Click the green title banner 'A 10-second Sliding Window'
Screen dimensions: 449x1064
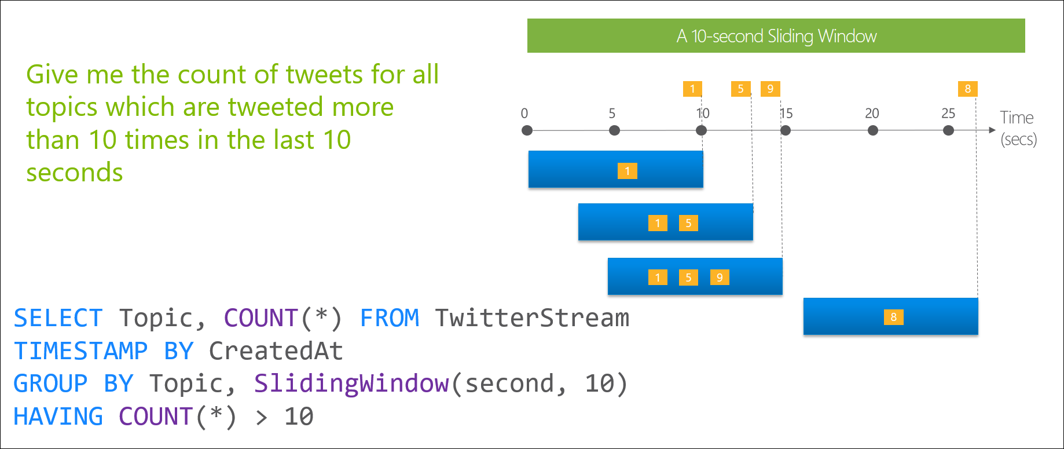click(x=776, y=36)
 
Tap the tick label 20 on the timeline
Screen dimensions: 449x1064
click(x=872, y=114)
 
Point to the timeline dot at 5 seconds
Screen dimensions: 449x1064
click(x=615, y=130)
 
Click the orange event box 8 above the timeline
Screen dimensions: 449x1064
click(x=967, y=89)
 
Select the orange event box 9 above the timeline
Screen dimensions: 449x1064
click(x=770, y=89)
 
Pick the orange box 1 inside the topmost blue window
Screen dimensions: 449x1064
click(x=627, y=171)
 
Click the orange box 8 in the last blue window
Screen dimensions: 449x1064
click(x=893, y=317)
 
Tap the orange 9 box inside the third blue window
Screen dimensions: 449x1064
click(x=720, y=278)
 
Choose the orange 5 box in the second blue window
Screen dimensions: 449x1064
click(x=688, y=223)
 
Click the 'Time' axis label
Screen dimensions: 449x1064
click(x=1017, y=118)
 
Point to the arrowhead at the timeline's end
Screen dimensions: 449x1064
click(x=992, y=130)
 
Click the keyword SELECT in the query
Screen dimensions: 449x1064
click(x=58, y=318)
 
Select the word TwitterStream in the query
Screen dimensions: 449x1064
click(x=532, y=318)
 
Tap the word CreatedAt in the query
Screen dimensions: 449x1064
click(x=276, y=351)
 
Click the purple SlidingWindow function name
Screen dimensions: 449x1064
click(x=351, y=384)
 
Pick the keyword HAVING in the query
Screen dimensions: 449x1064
click(x=58, y=417)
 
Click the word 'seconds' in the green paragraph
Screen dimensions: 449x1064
click(x=75, y=173)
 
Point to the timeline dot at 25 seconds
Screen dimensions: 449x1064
click(x=948, y=130)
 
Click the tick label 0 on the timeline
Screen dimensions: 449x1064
click(x=524, y=114)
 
